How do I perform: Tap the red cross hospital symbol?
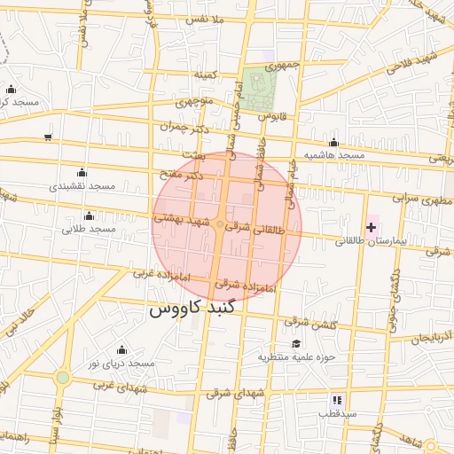(x=371, y=228)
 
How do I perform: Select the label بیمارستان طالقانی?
(x=370, y=240)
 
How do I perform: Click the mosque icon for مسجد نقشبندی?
(x=82, y=171)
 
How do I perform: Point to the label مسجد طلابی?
(x=90, y=230)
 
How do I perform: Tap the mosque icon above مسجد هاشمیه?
(x=333, y=142)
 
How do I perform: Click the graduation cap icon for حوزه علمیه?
(x=294, y=344)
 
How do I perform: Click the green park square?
(x=260, y=86)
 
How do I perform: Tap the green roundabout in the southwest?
(x=62, y=378)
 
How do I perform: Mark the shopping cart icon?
(x=47, y=137)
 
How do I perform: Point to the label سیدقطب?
(x=338, y=413)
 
